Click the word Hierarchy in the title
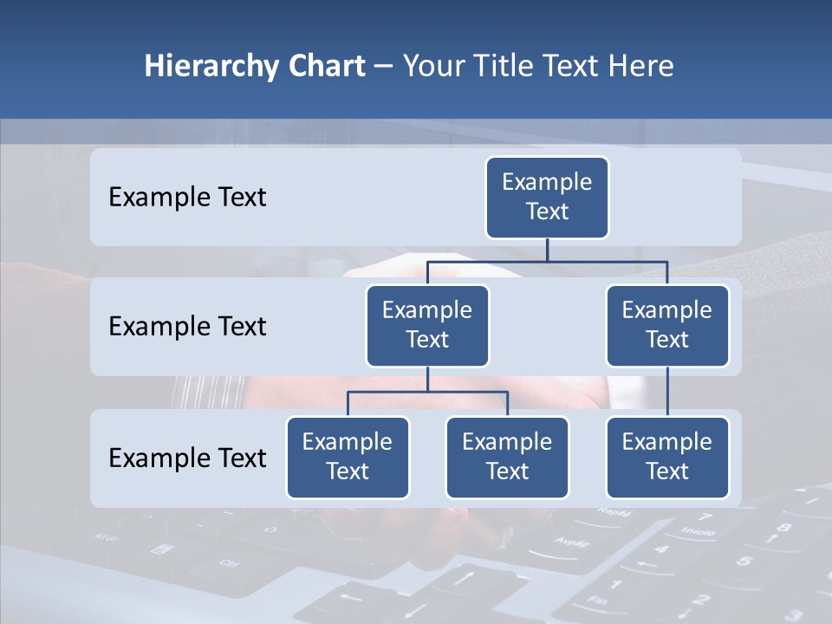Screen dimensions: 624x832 pos(210,67)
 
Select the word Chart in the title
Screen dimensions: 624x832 pos(324,67)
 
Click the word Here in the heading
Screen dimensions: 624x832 pos(639,67)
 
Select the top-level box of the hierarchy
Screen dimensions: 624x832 pos(547,198)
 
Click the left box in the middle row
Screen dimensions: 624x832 pos(427,326)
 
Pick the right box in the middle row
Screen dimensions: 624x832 pos(667,326)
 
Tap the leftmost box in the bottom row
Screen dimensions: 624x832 pos(348,458)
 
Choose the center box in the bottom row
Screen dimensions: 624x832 pos(507,458)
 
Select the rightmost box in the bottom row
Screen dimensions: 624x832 pos(667,458)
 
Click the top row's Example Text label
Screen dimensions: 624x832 pos(187,198)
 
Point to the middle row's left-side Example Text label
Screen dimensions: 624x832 pos(187,327)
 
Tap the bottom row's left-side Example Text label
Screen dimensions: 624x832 pos(187,458)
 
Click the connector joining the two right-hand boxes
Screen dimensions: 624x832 pos(667,392)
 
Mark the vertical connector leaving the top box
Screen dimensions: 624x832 pos(547,249)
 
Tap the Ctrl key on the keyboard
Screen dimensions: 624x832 pos(229,563)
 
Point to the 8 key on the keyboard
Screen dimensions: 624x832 pos(783,527)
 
